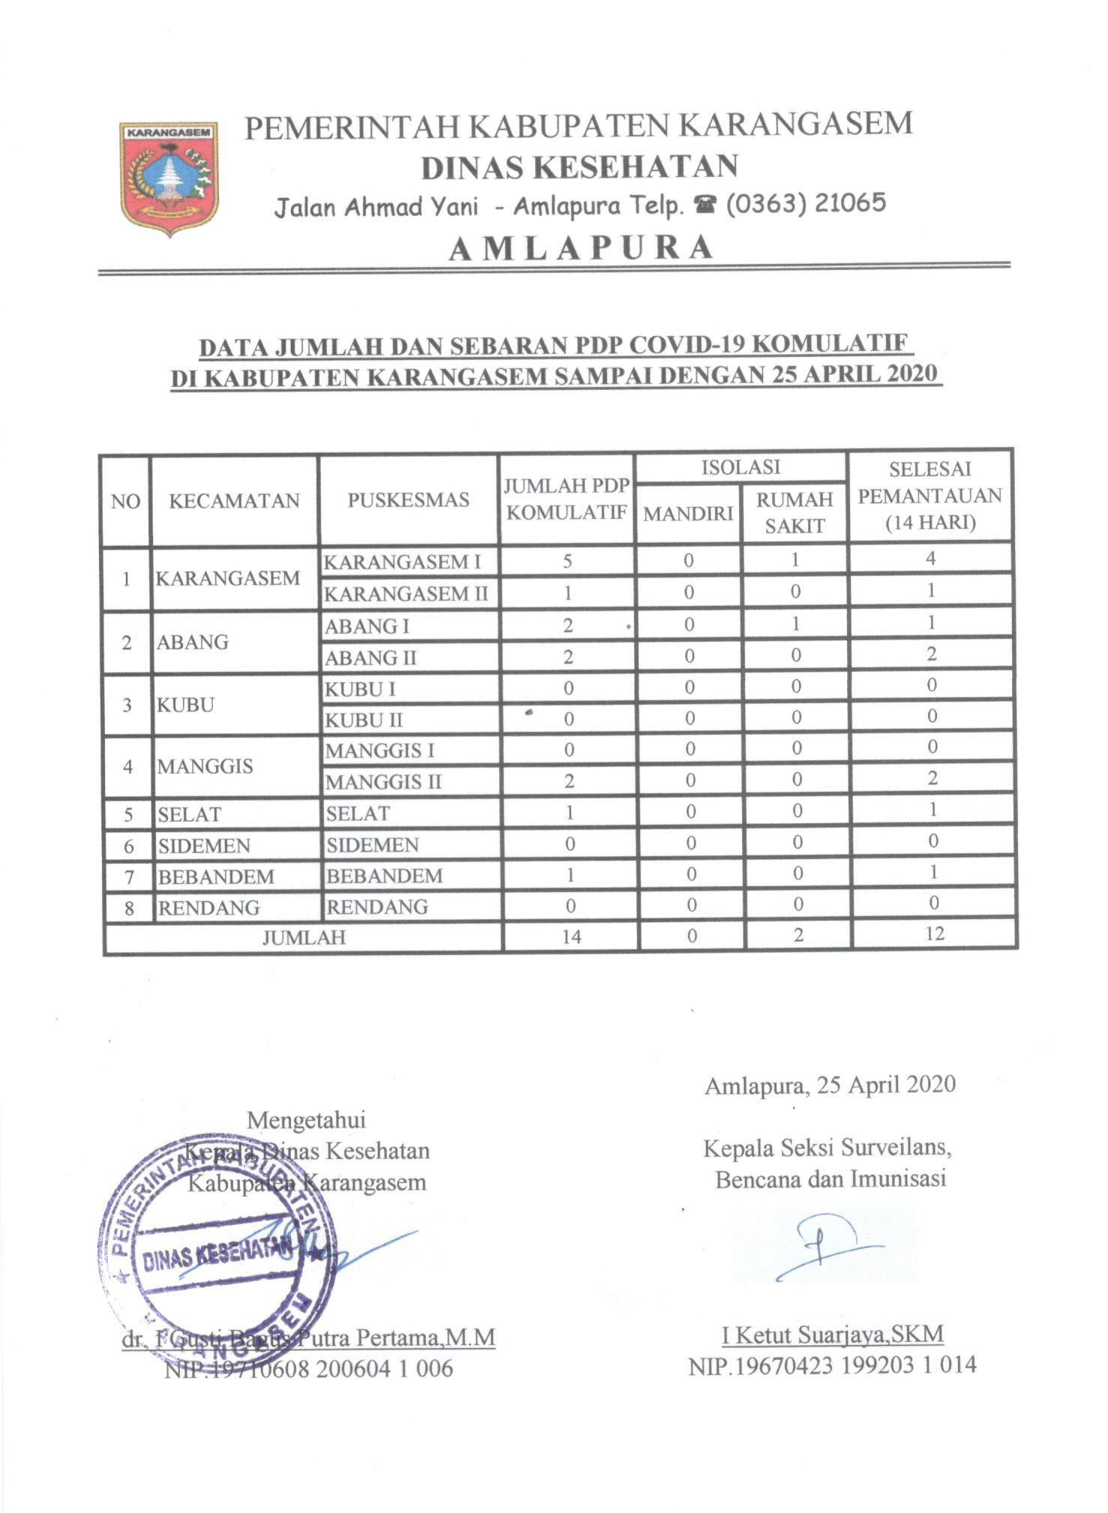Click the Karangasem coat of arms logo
click(x=169, y=178)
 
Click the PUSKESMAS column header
click(x=408, y=500)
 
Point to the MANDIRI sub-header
click(x=688, y=514)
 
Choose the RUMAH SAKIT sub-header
click(x=795, y=513)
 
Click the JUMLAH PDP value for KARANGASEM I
click(x=567, y=561)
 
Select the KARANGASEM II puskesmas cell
click(x=406, y=594)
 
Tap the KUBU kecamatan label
click(x=185, y=705)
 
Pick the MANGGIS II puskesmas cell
click(x=383, y=782)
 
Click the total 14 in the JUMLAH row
click(x=571, y=936)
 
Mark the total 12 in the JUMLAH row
click(x=934, y=934)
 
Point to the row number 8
click(x=129, y=908)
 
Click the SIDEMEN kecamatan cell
click(x=204, y=846)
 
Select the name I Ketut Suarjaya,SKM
click(x=832, y=1335)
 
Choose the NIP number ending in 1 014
click(x=832, y=1365)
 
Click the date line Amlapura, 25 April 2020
click(x=830, y=1085)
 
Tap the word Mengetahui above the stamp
click(x=306, y=1120)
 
